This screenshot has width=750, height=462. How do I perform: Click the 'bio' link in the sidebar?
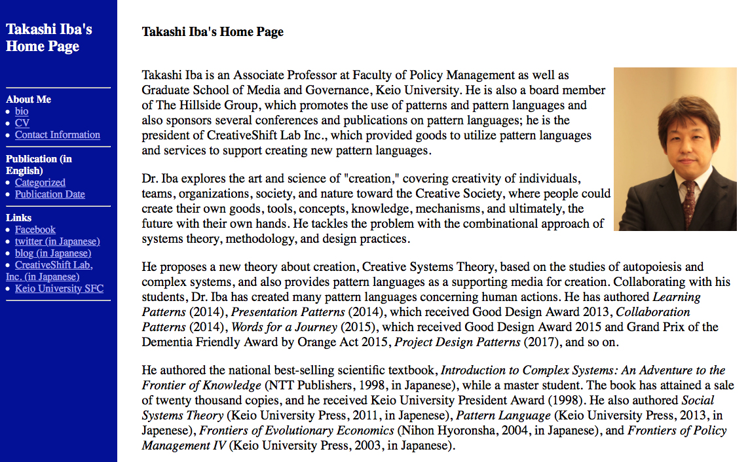22,111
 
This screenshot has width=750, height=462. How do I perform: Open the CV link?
22,123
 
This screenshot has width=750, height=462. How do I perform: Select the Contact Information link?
58,135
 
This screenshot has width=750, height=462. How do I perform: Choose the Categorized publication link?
40,183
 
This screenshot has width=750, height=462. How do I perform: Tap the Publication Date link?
50,194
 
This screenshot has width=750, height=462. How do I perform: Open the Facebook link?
35,230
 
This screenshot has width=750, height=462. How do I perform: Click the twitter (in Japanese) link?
58,241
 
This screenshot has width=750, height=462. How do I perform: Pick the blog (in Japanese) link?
53,253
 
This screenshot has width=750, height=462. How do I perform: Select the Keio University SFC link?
59,289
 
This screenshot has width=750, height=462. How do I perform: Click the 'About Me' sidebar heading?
28,99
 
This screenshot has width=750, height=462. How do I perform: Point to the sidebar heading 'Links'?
18,218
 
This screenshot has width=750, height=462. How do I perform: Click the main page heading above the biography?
213,31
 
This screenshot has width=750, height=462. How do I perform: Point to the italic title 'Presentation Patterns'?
288,312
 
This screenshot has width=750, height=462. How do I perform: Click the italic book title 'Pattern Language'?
503,416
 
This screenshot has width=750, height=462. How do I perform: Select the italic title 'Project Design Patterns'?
457,342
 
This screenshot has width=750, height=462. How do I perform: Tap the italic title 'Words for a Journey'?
284,327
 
